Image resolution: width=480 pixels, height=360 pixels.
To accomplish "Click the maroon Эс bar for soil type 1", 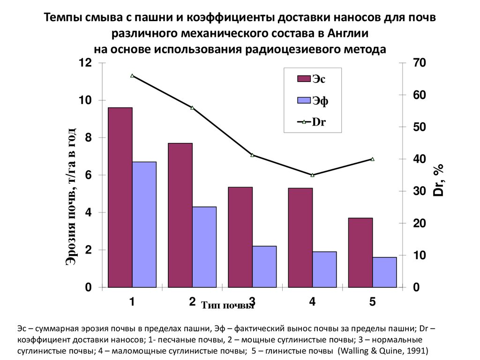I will (120, 197).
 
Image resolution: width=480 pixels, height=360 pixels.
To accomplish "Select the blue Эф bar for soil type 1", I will (144, 224).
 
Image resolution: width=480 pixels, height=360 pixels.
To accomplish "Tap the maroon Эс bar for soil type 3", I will (240, 237).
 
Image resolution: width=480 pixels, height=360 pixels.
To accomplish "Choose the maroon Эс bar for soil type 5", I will (360, 252).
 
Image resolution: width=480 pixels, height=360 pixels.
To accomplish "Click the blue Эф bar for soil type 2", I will (204, 247).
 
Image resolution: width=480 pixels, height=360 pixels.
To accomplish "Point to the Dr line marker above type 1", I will (132, 75).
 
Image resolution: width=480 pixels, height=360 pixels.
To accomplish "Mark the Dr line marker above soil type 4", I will (313, 175).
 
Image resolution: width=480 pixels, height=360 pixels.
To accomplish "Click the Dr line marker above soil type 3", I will (252, 155).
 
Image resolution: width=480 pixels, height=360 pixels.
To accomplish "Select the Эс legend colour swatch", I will (304, 79).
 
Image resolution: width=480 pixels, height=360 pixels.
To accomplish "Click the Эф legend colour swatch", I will (304, 100).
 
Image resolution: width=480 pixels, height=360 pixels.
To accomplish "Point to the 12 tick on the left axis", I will (84, 63).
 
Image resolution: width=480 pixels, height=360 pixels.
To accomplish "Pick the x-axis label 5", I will (372, 302).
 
